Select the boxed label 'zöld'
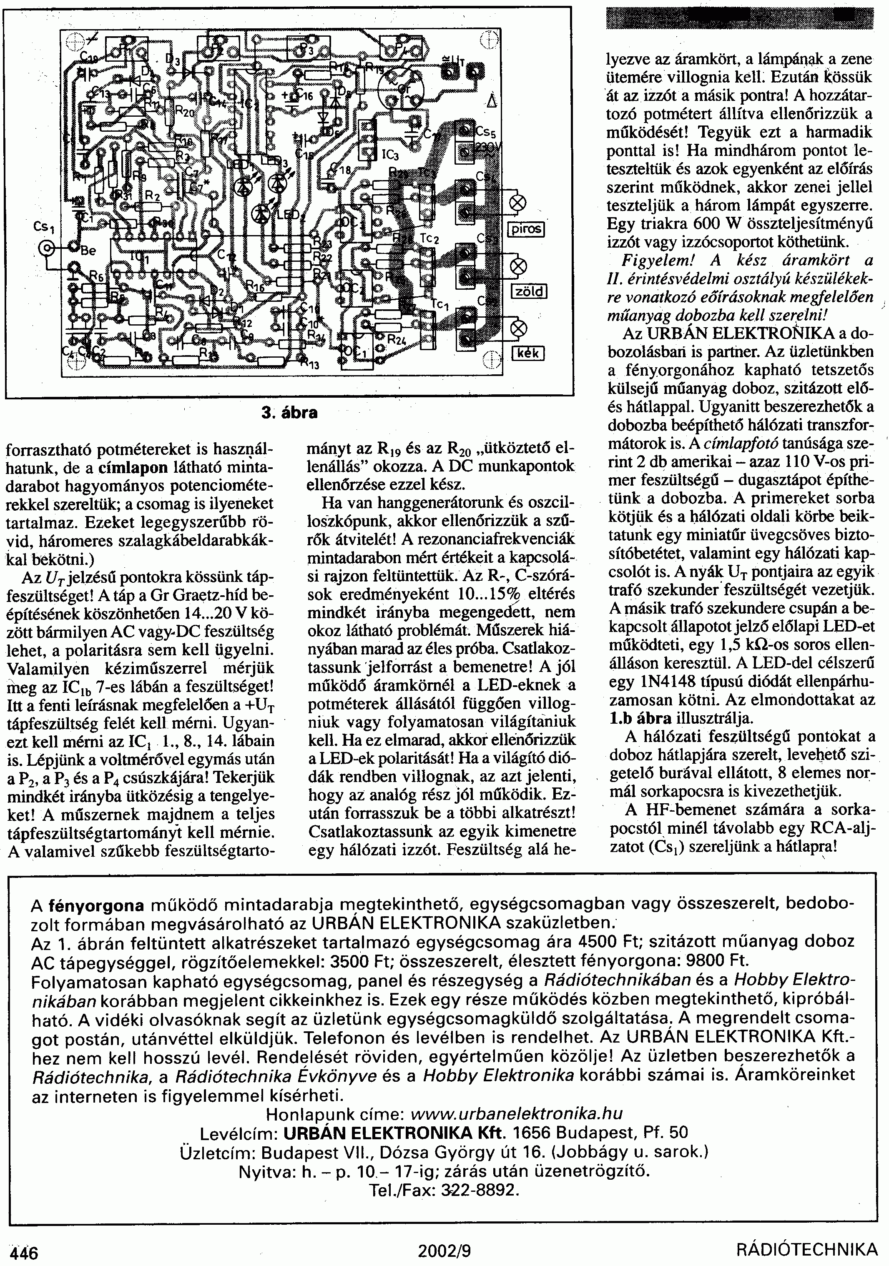pos(528,291)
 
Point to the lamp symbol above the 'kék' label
pos(518,330)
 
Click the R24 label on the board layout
pos(395,340)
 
